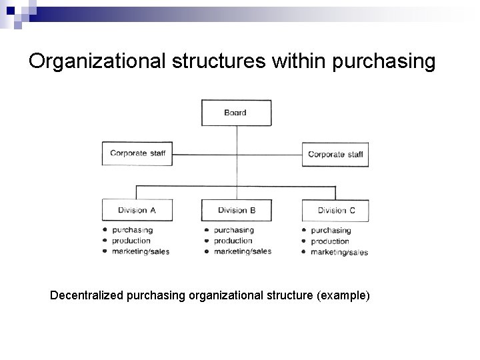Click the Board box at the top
(236, 113)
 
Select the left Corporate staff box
(137, 153)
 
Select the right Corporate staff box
(335, 154)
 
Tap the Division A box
(137, 210)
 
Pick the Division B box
(236, 210)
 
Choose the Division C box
(335, 211)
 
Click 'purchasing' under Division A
(132, 230)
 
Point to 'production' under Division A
(131, 241)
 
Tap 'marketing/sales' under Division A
(141, 251)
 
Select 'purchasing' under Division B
(233, 230)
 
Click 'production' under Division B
(233, 241)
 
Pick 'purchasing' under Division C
(331, 231)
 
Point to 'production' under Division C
(330, 241)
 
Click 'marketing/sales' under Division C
(339, 253)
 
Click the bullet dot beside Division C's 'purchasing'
(304, 231)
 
